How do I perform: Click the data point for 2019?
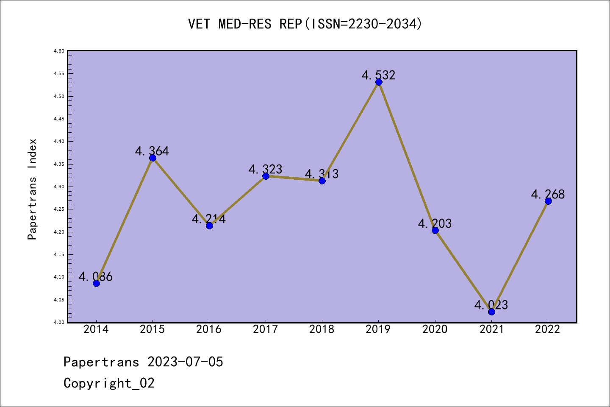pyautogui.click(x=379, y=82)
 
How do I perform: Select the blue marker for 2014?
pyautogui.click(x=96, y=283)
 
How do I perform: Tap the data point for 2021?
pyautogui.click(x=491, y=312)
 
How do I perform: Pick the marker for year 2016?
pyautogui.click(x=209, y=226)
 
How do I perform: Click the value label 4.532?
pyautogui.click(x=378, y=75)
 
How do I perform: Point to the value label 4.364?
pyautogui.click(x=152, y=151)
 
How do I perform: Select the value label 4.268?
pyautogui.click(x=548, y=194)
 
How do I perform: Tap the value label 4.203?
pyautogui.click(x=435, y=223)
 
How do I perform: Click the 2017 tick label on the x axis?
pyautogui.click(x=265, y=329)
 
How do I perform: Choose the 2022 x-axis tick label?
pyautogui.click(x=547, y=329)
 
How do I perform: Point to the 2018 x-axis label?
pyautogui.click(x=322, y=329)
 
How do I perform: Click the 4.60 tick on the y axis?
pyautogui.click(x=59, y=51)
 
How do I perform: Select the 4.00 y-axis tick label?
pyautogui.click(x=59, y=323)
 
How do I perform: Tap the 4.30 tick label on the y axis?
pyautogui.click(x=59, y=187)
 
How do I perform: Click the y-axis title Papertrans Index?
pyautogui.click(x=32, y=189)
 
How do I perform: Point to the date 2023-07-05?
pyautogui.click(x=185, y=362)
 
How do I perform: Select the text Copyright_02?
pyautogui.click(x=109, y=383)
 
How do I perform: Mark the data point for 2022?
pyautogui.click(x=548, y=201)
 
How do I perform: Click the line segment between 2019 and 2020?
pyautogui.click(x=407, y=156)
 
